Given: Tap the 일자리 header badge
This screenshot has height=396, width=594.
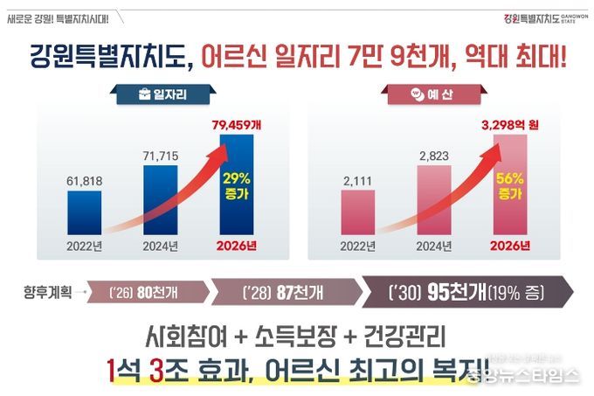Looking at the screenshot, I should (x=165, y=92).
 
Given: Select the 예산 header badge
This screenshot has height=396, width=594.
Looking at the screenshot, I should (x=429, y=92).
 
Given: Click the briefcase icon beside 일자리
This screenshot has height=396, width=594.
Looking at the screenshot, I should (x=145, y=92).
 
